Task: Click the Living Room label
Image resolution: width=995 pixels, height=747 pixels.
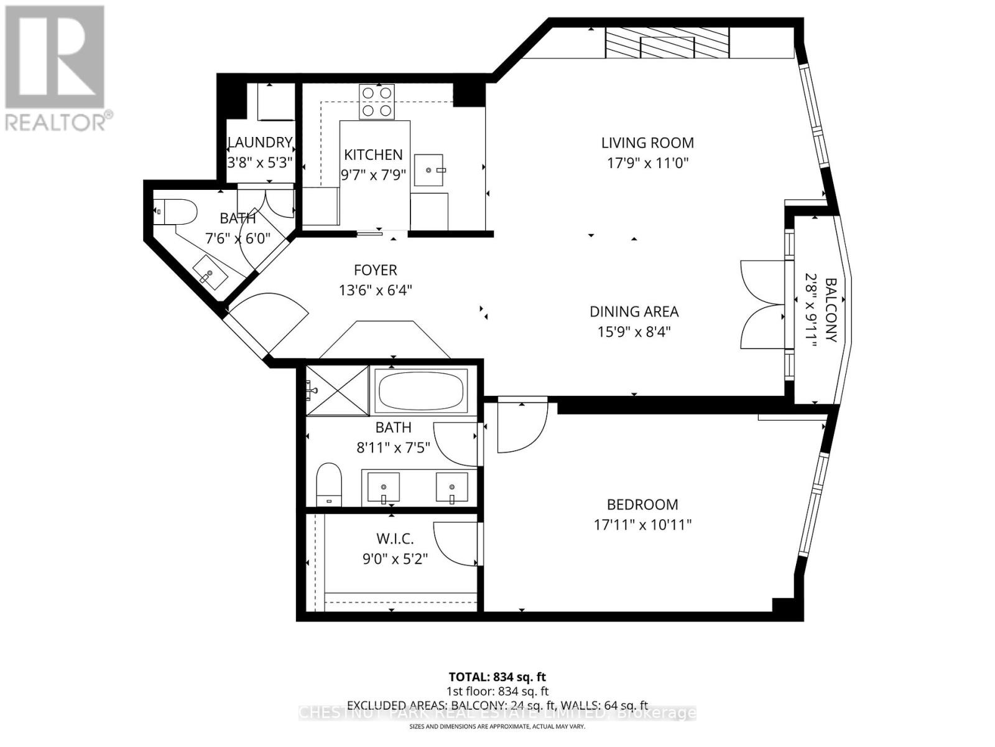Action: pyautogui.click(x=647, y=143)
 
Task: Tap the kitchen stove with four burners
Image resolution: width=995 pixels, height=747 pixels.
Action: pyautogui.click(x=377, y=101)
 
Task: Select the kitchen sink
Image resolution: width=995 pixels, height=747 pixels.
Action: pyautogui.click(x=429, y=170)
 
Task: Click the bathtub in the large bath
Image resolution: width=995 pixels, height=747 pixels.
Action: pyautogui.click(x=422, y=390)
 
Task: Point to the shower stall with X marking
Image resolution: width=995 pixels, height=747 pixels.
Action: pyautogui.click(x=337, y=390)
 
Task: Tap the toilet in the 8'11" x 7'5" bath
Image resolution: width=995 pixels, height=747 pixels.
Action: pyautogui.click(x=330, y=484)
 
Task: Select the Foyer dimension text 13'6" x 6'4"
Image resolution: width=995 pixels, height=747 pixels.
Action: pyautogui.click(x=376, y=290)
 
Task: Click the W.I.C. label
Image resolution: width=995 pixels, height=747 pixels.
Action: pyautogui.click(x=395, y=538)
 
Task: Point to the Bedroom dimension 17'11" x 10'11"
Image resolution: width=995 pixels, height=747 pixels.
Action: pyautogui.click(x=642, y=525)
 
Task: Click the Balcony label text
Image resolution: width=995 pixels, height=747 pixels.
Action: pyautogui.click(x=831, y=310)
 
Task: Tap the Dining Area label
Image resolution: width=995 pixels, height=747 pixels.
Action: pyautogui.click(x=634, y=311)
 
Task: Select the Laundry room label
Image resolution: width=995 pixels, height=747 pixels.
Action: pyautogui.click(x=260, y=143)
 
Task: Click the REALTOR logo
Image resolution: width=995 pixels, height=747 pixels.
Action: pyautogui.click(x=56, y=68)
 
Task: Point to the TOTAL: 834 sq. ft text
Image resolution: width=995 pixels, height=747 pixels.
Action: pyautogui.click(x=497, y=677)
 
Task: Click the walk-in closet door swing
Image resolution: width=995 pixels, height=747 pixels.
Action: pyautogui.click(x=456, y=545)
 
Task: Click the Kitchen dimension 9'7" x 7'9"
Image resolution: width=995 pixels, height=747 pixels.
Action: pyautogui.click(x=373, y=175)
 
